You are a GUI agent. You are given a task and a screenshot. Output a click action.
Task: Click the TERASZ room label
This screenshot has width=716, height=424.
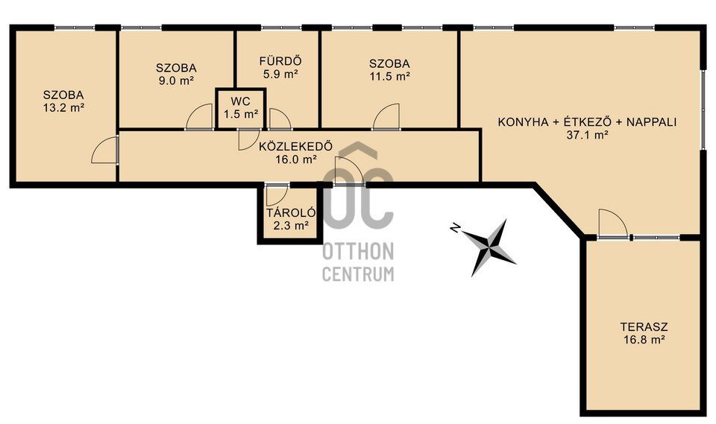click(x=644, y=327)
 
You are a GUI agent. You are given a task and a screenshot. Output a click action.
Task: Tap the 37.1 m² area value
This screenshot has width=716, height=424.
click(x=587, y=135)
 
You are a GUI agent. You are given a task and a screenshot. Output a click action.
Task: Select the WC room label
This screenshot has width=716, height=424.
click(x=240, y=101)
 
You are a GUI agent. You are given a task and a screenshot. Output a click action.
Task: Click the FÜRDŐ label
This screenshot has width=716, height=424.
click(x=280, y=61)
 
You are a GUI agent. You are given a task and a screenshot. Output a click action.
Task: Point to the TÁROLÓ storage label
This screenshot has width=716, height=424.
click(x=291, y=212)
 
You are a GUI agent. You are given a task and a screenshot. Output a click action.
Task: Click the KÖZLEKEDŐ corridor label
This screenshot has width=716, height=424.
click(x=295, y=147)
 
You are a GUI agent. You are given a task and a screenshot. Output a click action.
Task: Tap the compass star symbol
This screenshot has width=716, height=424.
click(x=489, y=247)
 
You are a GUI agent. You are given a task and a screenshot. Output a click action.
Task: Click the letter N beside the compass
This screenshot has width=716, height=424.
click(x=455, y=228)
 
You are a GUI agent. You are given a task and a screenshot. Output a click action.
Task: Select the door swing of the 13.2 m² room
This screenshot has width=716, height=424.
click(x=104, y=150)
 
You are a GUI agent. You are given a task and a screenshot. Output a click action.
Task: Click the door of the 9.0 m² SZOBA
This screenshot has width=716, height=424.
click(x=200, y=117)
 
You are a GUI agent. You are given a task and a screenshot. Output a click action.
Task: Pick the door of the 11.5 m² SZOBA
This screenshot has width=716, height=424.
click(x=386, y=117)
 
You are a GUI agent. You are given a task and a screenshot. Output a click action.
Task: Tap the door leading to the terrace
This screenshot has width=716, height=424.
click(x=613, y=223)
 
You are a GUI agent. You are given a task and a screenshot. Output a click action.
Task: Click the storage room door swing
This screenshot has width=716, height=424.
click(x=277, y=195)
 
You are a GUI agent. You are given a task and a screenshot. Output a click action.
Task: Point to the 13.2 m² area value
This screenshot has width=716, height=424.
click(x=64, y=108)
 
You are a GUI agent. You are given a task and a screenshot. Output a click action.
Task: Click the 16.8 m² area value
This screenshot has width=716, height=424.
click(x=644, y=340)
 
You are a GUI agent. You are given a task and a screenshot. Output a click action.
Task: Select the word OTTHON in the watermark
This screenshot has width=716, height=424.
click(x=358, y=251)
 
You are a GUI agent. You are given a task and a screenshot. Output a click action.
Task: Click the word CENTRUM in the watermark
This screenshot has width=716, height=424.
click(x=358, y=273)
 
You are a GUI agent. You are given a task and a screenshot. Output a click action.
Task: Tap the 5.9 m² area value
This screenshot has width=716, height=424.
click(x=281, y=74)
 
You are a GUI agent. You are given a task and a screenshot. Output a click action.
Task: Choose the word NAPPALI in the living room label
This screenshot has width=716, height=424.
click(x=652, y=122)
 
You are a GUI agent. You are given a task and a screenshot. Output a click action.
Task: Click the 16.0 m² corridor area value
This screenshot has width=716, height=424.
click(x=296, y=159)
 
